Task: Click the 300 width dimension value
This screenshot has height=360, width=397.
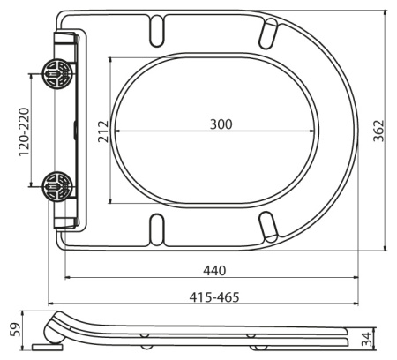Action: point(221,124)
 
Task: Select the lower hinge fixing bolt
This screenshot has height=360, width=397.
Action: point(56,186)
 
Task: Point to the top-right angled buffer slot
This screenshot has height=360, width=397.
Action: point(267,32)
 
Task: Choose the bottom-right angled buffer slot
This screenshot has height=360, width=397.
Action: point(267,226)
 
